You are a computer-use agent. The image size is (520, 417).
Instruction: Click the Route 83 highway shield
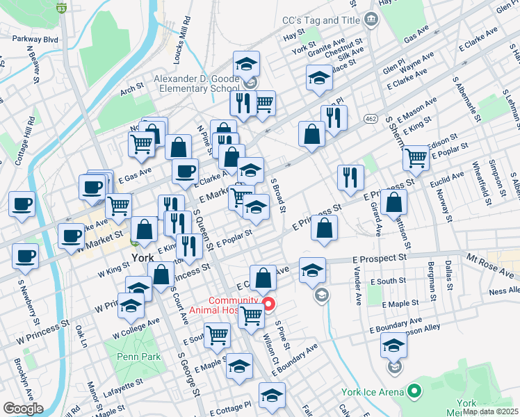click(61, 9)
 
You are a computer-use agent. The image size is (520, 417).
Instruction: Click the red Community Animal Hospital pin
click(268, 304)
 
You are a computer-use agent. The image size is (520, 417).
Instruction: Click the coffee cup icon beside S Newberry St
click(25, 254)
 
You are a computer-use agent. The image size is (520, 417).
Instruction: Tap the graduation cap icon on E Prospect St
click(312, 268)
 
